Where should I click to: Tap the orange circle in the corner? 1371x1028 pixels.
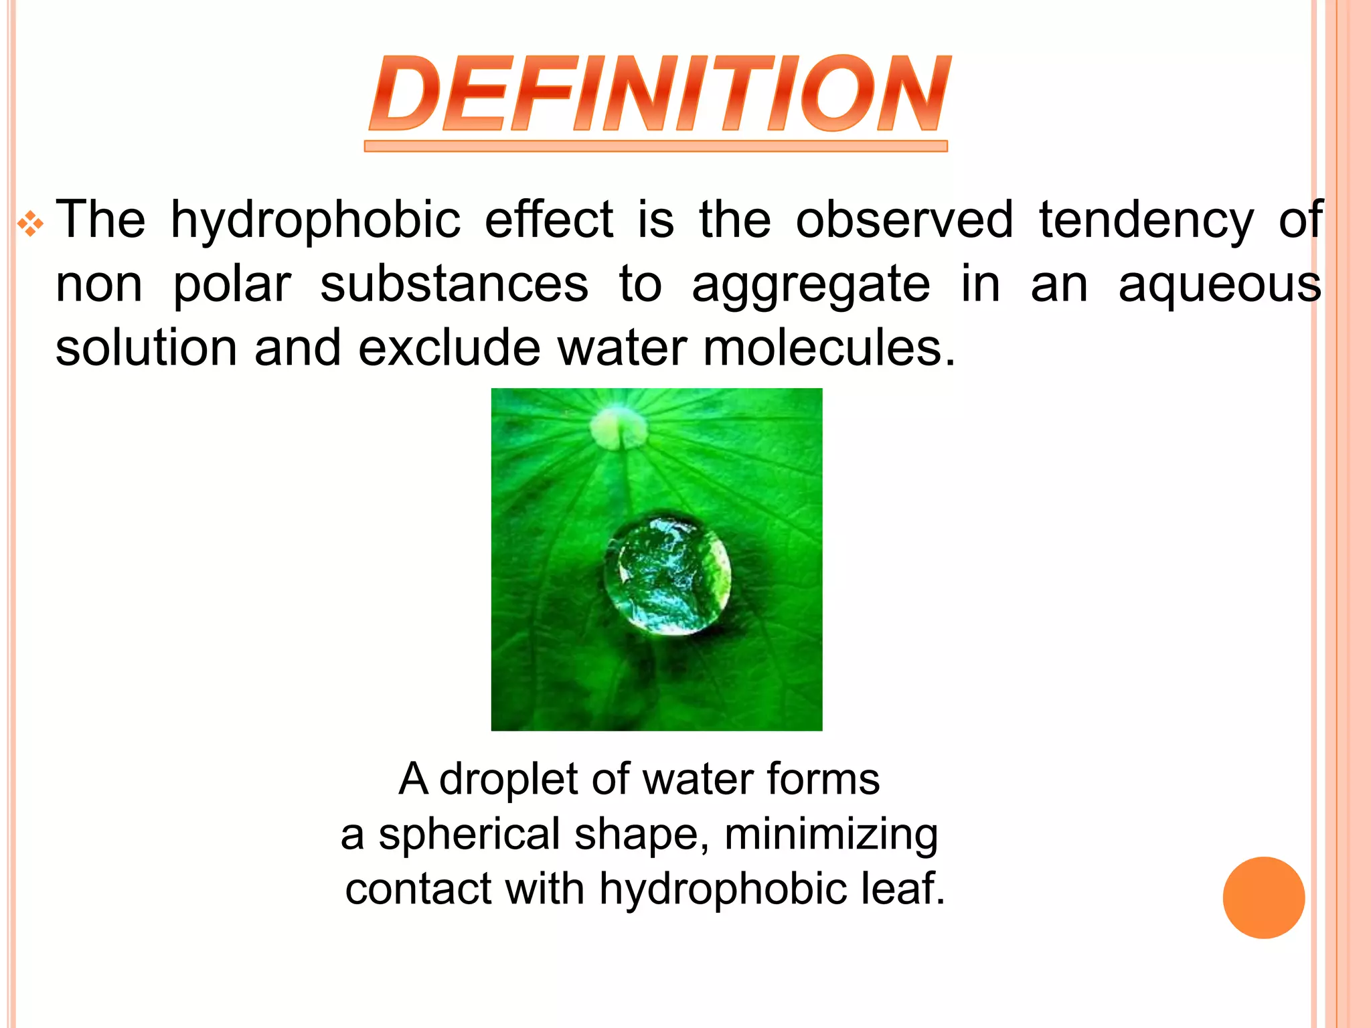[1263, 897]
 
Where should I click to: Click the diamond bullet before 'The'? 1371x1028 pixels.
[31, 224]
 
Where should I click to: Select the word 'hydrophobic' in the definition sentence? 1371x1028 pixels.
[315, 220]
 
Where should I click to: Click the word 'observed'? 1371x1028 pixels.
[904, 219]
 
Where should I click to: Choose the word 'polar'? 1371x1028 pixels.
[232, 285]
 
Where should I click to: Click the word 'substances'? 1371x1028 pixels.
[454, 284]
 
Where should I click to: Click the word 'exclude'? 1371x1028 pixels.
[449, 348]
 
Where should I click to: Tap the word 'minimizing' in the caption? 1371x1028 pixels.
[831, 835]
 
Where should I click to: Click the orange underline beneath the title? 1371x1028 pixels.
[655, 146]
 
